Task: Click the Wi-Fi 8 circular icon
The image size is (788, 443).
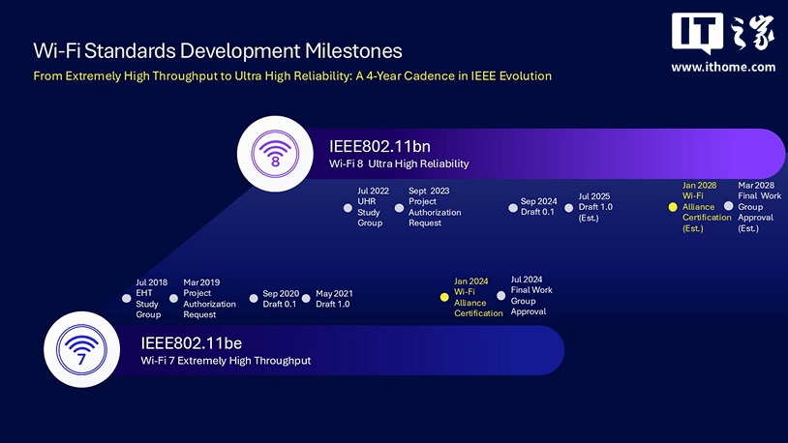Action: pyautogui.click(x=275, y=154)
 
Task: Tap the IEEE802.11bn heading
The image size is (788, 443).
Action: pyautogui.click(x=379, y=146)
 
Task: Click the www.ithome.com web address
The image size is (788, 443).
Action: pyautogui.click(x=723, y=67)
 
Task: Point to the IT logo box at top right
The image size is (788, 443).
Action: pyautogui.click(x=697, y=36)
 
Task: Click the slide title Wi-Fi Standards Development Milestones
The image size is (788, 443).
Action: pyautogui.click(x=217, y=49)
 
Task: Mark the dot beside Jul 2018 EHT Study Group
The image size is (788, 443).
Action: pyautogui.click(x=126, y=299)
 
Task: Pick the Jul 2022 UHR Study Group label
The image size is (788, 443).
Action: pyautogui.click(x=373, y=207)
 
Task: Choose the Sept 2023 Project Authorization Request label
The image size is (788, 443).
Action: pyautogui.click(x=435, y=207)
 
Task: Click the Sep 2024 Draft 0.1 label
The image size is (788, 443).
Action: pyautogui.click(x=537, y=207)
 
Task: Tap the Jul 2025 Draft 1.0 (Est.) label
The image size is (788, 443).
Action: pyautogui.click(x=594, y=207)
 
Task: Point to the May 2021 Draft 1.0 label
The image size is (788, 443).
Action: pyautogui.click(x=334, y=299)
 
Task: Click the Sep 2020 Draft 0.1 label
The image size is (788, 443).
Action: pyautogui.click(x=280, y=299)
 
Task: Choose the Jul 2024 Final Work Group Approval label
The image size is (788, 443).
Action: pyautogui.click(x=532, y=295)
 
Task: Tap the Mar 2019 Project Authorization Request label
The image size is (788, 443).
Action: pyautogui.click(x=209, y=299)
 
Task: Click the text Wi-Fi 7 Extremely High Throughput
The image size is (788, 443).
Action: pyautogui.click(x=226, y=361)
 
